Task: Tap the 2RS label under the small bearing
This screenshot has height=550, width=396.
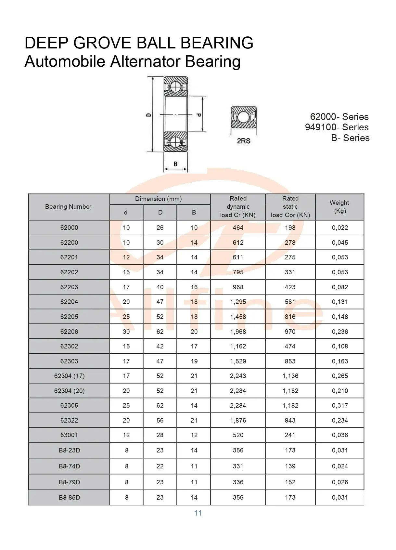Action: (x=243, y=141)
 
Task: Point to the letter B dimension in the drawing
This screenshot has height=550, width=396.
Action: (x=175, y=164)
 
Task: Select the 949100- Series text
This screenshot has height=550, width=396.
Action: (x=337, y=127)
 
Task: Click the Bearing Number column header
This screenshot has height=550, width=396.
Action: (x=68, y=207)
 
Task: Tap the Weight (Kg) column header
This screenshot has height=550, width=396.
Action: (x=339, y=207)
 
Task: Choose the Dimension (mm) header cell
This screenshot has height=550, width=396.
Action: (x=159, y=199)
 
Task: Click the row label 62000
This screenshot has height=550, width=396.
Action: (x=69, y=228)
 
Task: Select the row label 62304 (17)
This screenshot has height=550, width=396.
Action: (x=69, y=376)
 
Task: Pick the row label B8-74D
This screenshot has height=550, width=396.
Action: (x=69, y=466)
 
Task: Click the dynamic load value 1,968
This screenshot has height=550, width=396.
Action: (x=238, y=332)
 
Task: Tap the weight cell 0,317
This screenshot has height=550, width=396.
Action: (x=340, y=405)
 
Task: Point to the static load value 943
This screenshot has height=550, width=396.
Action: (x=290, y=420)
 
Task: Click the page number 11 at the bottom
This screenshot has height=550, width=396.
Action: (x=198, y=513)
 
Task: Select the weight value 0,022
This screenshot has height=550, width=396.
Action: (x=340, y=228)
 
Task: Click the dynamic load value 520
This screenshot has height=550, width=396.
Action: (x=238, y=435)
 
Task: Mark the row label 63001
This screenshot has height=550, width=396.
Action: (x=69, y=435)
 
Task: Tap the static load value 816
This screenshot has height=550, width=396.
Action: (x=290, y=317)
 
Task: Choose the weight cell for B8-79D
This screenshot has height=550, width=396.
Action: (x=340, y=482)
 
